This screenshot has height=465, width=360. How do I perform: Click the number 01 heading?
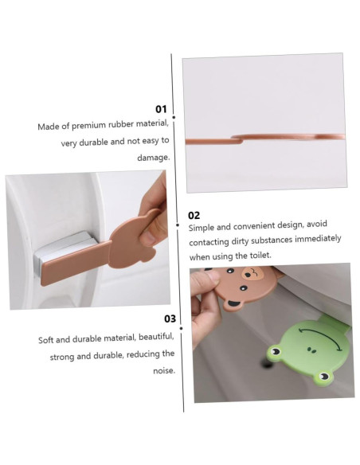[161, 109]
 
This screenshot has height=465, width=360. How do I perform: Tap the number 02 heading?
[194, 215]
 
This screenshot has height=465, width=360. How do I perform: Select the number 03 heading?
[170, 318]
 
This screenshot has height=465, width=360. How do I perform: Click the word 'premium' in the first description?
[88, 126]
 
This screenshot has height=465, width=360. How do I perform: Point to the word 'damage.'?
[153, 158]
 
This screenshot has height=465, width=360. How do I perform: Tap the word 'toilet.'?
[260, 255]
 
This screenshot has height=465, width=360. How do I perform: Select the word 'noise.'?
[164, 371]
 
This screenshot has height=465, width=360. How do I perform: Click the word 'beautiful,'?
[156, 337]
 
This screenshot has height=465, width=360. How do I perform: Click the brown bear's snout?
[252, 273]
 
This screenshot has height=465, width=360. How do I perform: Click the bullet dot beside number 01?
[174, 117]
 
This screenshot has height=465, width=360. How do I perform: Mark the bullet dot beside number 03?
[181, 328]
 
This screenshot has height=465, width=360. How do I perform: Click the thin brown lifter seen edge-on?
[264, 139]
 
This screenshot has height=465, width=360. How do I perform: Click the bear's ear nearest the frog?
[232, 305]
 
